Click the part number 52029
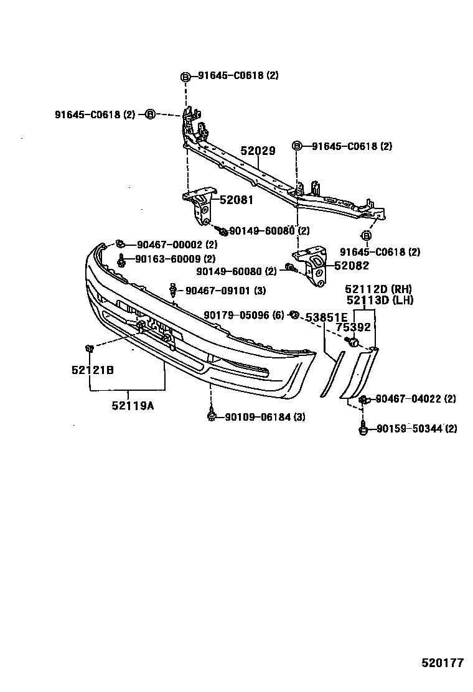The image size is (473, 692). click(258, 151)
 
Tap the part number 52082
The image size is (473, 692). click(352, 265)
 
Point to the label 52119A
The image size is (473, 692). click(133, 406)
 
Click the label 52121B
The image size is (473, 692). click(92, 370)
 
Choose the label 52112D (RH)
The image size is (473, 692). click(379, 289)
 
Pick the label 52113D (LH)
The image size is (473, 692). click(379, 301)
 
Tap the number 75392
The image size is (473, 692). click(354, 327)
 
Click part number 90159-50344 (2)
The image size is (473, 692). click(416, 428)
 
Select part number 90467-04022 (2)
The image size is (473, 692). click(415, 399)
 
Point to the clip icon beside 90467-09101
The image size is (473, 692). click(173, 289)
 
